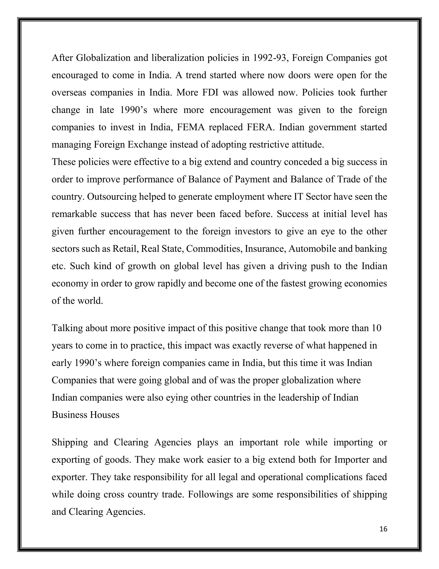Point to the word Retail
[x=125, y=249]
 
